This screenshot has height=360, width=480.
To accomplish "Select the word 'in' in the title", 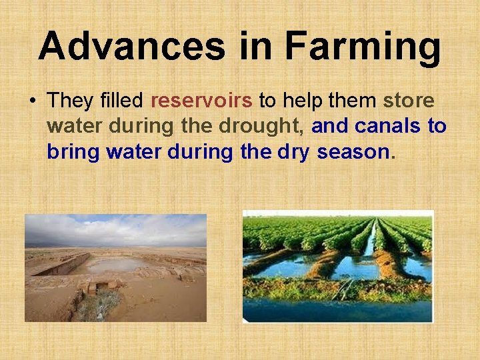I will click(x=257, y=47).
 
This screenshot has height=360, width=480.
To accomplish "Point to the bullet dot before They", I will click(x=32, y=102).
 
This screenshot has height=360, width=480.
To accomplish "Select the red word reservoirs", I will click(x=201, y=101).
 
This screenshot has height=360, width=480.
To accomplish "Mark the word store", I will click(x=409, y=101).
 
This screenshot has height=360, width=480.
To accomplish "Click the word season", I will click(x=353, y=153).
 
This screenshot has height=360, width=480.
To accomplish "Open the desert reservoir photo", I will click(x=115, y=267).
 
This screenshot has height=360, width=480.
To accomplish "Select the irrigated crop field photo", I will click(x=337, y=267).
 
